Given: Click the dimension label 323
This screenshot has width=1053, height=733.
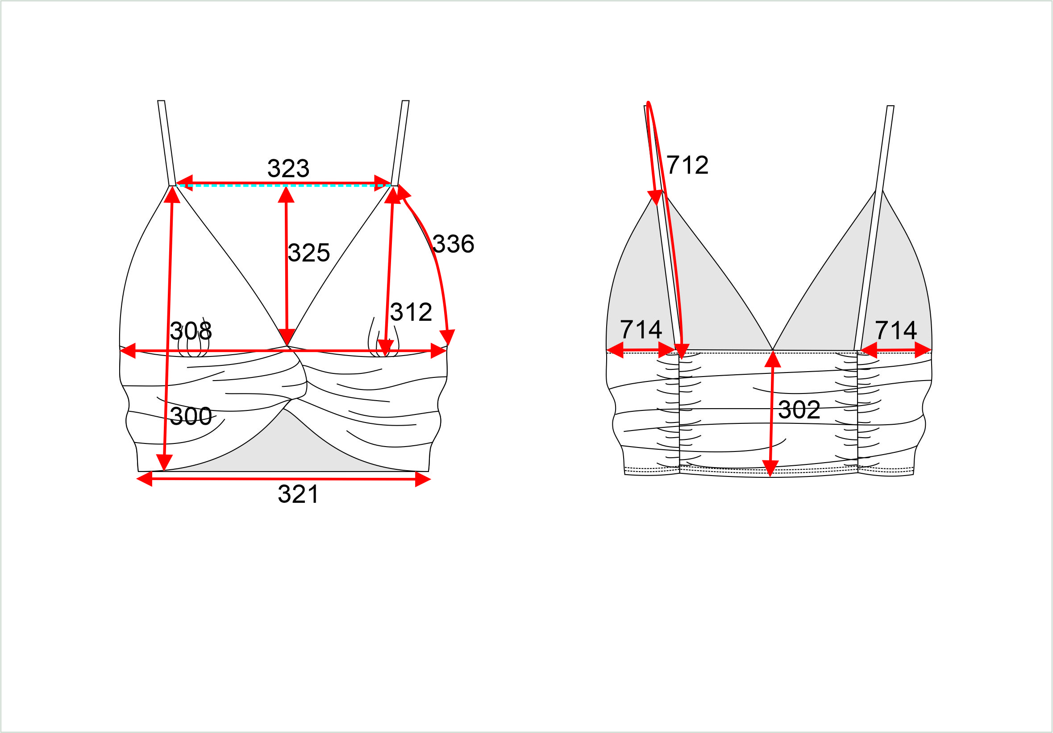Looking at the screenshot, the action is coord(288,168).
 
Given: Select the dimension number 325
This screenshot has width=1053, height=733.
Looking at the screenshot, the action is coord(308,253).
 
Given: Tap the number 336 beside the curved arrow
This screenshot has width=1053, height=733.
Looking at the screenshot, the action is coord(453,244).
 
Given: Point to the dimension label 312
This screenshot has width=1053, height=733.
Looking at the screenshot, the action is coord(411,312).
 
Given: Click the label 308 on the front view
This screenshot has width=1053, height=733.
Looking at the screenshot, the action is coord(191,331).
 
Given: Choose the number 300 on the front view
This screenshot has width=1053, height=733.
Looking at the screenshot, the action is coord(191,416).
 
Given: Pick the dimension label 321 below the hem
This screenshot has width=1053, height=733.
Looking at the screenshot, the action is coord(298,494).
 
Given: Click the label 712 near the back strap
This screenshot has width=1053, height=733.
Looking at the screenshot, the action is coord(687,165).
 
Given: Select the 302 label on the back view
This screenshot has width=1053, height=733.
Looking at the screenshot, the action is coord(799,410).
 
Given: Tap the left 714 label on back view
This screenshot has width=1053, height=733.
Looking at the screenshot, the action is coord(641,330).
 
